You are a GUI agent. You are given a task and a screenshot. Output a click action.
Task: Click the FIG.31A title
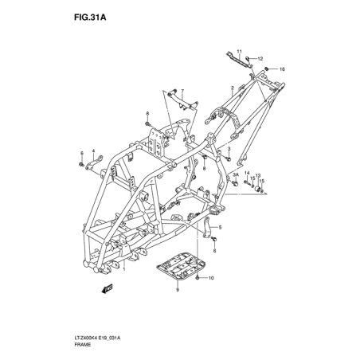(90, 18)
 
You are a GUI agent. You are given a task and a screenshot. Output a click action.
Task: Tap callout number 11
(240, 51)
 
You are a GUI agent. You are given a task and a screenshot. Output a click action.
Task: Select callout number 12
(260, 59)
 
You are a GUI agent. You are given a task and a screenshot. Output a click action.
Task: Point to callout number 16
(282, 69)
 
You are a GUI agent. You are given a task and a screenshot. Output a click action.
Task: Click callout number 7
(182, 91)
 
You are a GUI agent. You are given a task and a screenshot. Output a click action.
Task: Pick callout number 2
(233, 88)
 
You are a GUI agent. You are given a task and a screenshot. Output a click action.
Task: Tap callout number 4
(93, 151)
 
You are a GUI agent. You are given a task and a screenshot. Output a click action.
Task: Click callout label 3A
(236, 174)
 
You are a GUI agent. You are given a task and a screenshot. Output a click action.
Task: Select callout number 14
(247, 173)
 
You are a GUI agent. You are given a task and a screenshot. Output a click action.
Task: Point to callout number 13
(258, 175)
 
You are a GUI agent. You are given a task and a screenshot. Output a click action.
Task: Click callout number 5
(220, 227)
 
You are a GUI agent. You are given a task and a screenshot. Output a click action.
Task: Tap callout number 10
(211, 278)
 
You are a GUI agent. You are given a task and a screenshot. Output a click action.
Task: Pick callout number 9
(178, 289)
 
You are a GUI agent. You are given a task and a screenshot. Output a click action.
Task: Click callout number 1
(123, 269)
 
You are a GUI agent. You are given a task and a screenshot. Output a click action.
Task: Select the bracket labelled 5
(207, 227)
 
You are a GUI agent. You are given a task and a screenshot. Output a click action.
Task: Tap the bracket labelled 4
(94, 162)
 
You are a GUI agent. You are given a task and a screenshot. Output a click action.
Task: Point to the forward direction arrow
(107, 288)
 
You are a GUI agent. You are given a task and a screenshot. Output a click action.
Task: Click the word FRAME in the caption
(82, 345)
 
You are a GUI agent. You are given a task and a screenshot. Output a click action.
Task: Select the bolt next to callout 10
(198, 278)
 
